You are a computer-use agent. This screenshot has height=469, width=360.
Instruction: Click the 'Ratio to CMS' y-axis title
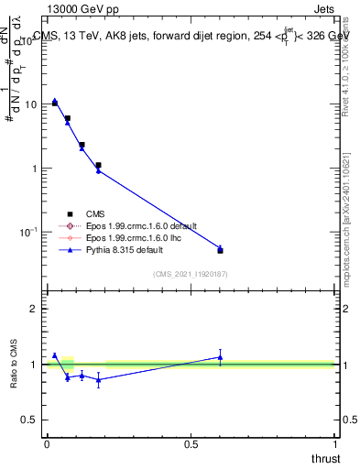pos(14,364)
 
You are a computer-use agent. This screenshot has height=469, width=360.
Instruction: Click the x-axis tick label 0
pos(47,443)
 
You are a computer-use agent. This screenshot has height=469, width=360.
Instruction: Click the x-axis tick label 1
pos(334,443)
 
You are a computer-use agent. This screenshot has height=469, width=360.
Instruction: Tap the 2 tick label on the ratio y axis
pos(35,309)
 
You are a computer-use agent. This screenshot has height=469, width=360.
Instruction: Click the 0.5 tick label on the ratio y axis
pos(30,420)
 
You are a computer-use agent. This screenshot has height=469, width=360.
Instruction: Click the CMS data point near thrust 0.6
pos(220,250)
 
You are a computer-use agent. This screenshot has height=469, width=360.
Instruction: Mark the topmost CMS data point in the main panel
pos(55,103)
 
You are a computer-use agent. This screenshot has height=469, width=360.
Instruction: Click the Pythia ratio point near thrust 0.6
pos(220,357)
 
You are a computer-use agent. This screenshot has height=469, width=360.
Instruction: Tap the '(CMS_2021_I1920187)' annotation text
pos(190,274)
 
